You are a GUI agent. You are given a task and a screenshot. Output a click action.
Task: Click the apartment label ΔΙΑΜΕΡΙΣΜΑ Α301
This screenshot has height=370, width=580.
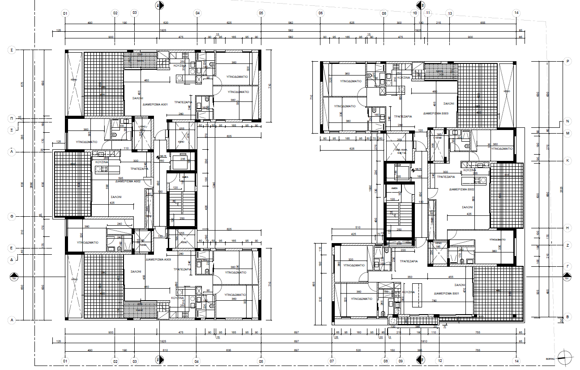pos(155,104)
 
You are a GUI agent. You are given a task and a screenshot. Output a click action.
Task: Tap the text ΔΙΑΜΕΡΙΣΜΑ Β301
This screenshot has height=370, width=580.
pos(447,294)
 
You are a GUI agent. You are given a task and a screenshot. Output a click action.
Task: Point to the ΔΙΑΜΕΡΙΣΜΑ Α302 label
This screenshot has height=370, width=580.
pos(128,182)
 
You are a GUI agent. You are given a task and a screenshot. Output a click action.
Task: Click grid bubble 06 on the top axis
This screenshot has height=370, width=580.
pos(320,13)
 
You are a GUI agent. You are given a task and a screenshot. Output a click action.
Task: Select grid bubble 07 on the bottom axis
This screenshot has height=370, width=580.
pos(332,360)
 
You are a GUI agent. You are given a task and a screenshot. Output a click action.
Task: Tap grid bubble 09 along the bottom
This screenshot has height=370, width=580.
pos(401,360)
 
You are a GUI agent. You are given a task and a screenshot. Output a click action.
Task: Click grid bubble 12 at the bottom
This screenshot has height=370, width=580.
pos(440,360)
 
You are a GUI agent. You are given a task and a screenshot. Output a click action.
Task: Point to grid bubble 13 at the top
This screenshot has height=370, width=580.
pos(450,13)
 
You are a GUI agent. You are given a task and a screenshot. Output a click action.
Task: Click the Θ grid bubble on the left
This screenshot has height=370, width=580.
pos(12,216)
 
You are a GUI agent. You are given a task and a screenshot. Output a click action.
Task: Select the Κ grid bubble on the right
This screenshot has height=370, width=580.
pos(567,160)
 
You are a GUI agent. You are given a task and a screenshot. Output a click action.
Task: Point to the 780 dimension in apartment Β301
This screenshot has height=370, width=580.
pos(434,301)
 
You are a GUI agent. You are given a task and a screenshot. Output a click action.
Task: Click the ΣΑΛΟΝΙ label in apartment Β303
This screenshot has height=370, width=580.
pos(448,103)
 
